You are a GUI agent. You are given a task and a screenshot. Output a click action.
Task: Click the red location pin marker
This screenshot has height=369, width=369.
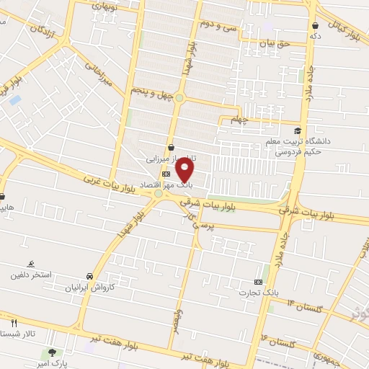[x=186, y=171]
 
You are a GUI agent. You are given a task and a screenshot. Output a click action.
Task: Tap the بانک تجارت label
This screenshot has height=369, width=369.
[x=259, y=293]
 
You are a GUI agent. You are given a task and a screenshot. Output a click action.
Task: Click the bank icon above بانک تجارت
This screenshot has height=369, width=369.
[x=259, y=282]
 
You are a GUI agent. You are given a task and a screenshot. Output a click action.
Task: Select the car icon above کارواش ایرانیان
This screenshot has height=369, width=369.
[x=88, y=277]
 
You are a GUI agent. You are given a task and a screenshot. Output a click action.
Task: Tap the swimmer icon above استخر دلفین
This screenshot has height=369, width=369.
[x=30, y=264]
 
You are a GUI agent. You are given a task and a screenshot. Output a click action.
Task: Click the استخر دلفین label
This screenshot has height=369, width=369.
[x=30, y=275]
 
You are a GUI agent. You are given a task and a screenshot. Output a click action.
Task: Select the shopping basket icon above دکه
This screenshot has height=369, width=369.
[x=313, y=25]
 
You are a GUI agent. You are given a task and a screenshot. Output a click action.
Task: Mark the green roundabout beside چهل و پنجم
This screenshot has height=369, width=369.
[x=179, y=98]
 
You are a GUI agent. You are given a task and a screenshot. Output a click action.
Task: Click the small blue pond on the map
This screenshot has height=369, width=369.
[x=15, y=99]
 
